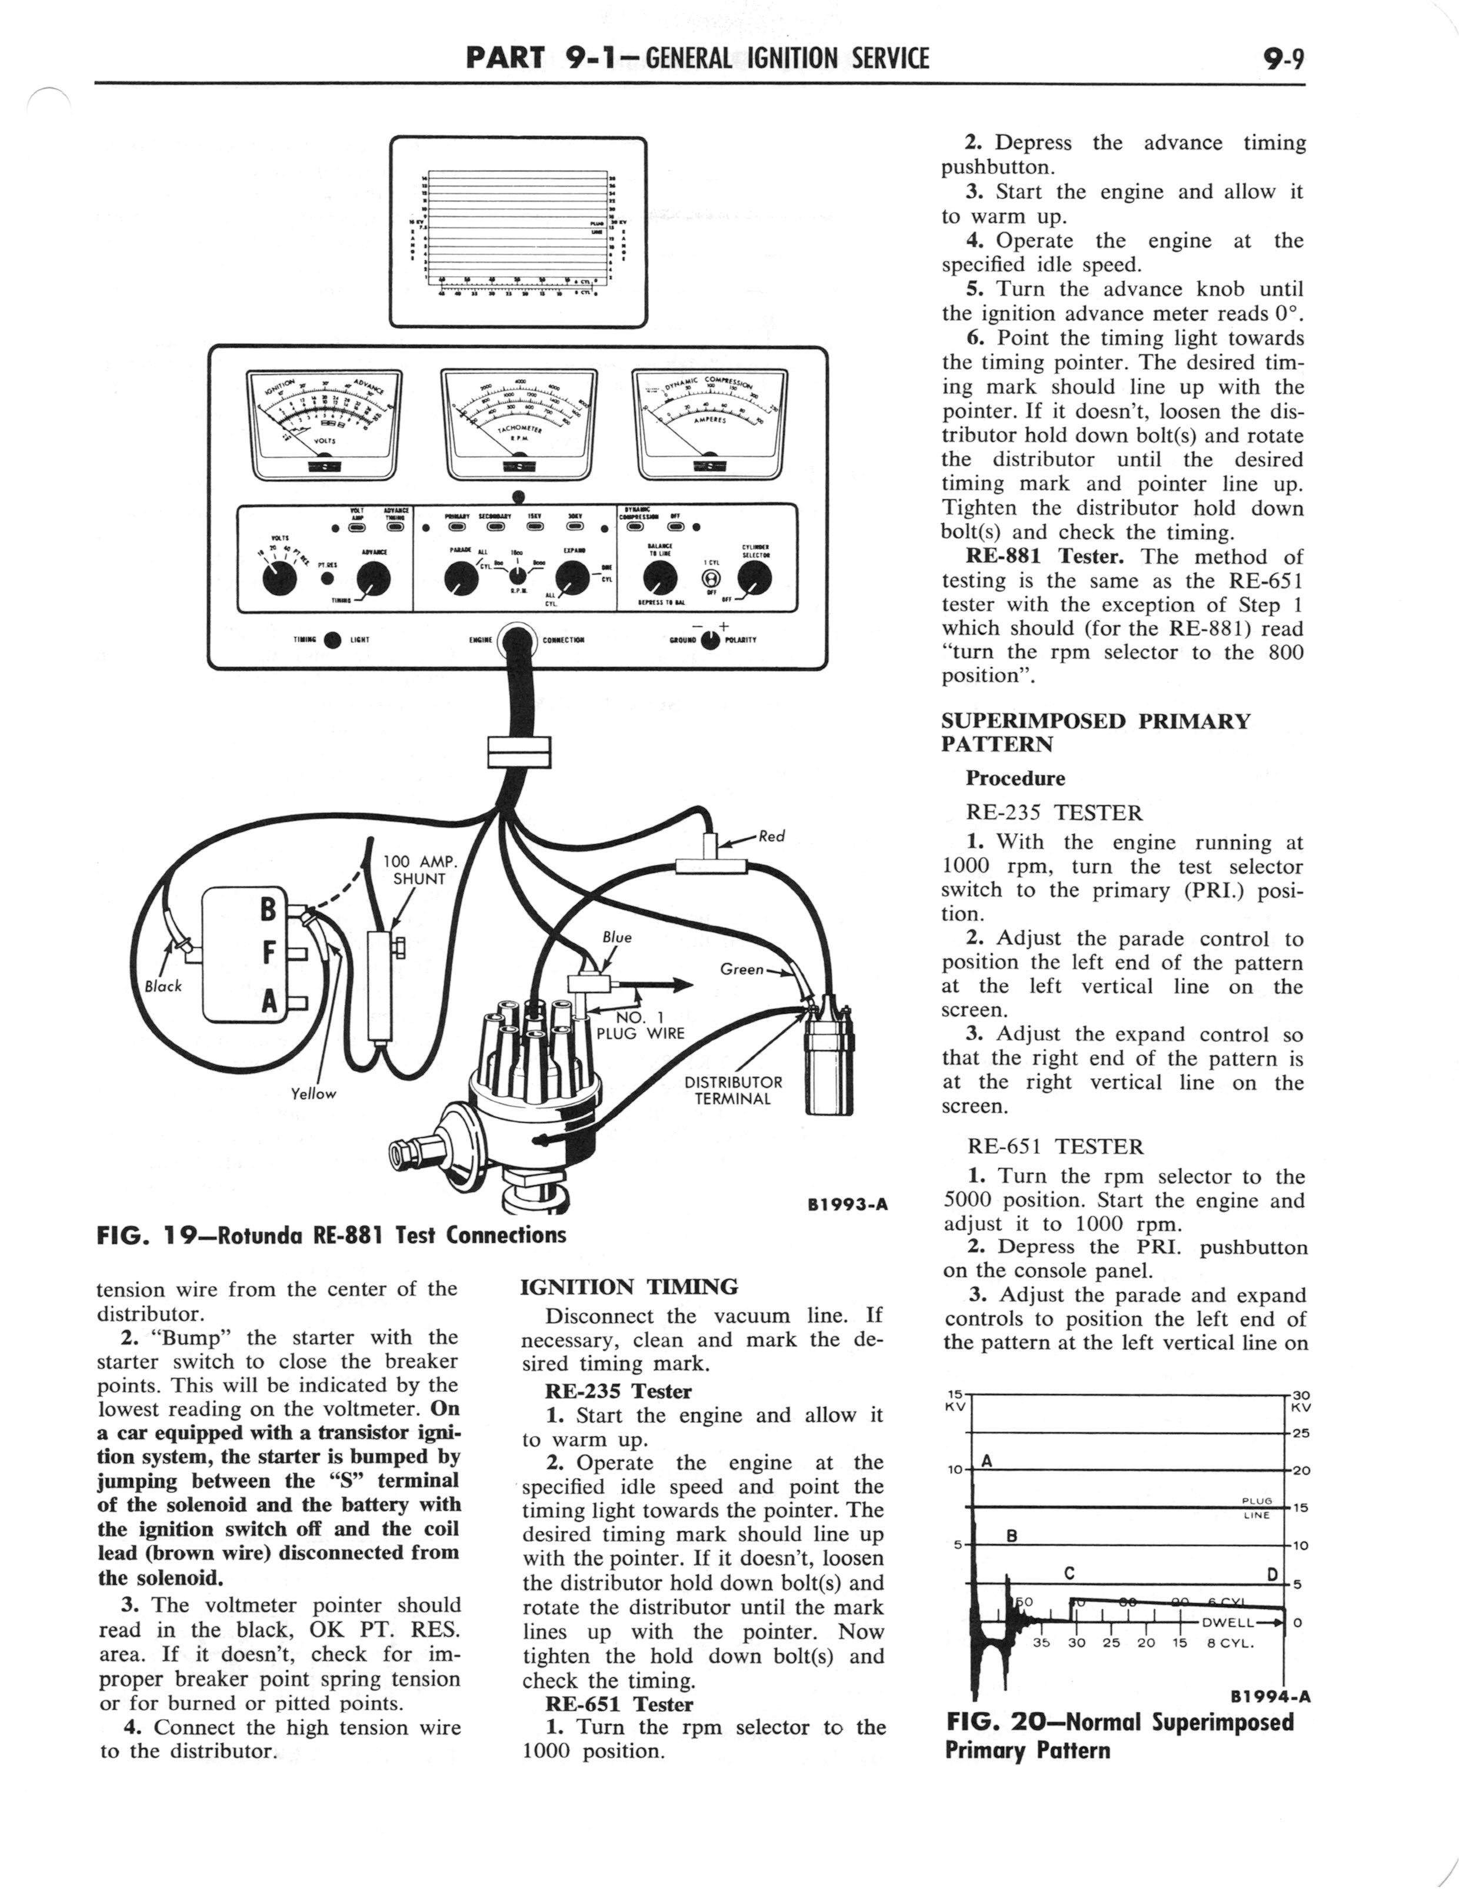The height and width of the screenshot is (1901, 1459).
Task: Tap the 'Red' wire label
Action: tap(771, 836)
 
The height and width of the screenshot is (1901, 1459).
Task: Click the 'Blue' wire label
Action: tap(617, 937)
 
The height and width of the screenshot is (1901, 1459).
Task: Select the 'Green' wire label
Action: tap(742, 968)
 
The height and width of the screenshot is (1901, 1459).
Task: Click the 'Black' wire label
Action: tap(164, 986)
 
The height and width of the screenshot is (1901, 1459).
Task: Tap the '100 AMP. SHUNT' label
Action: tap(419, 870)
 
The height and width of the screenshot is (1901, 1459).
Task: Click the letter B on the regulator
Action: tap(268, 909)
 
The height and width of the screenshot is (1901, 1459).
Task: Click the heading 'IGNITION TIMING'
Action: tap(629, 1287)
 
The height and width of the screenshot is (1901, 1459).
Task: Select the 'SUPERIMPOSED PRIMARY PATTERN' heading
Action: tap(1096, 732)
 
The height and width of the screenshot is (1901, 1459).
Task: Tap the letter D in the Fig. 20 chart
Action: tap(1273, 1574)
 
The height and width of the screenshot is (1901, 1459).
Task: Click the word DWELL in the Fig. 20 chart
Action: tap(1227, 1622)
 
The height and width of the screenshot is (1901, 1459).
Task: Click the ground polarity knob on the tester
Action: tap(711, 641)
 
